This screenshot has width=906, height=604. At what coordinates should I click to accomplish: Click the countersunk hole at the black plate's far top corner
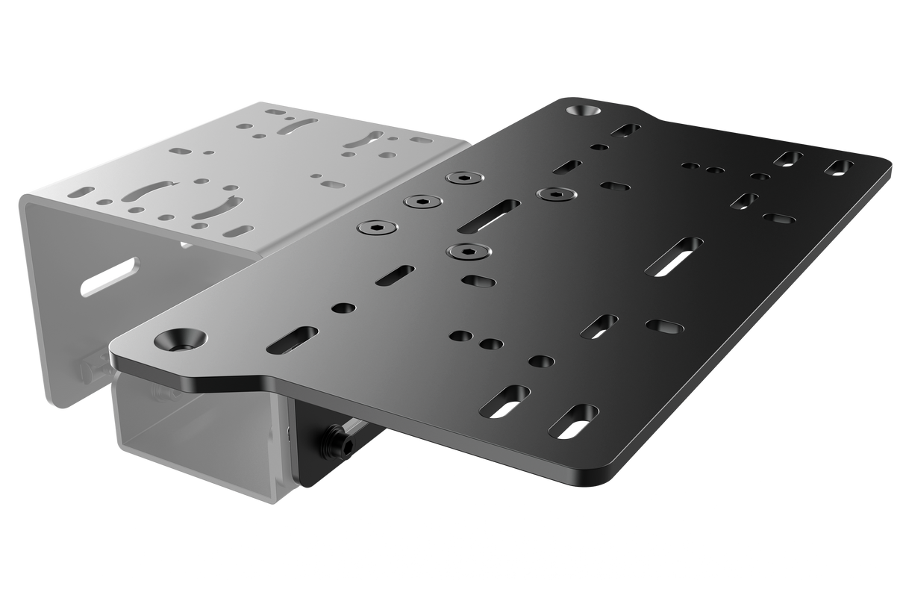coord(585,110)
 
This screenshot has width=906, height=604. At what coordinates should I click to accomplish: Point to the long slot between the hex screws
coord(490,214)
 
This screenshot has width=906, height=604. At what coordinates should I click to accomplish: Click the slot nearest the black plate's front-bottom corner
coord(577,421)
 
